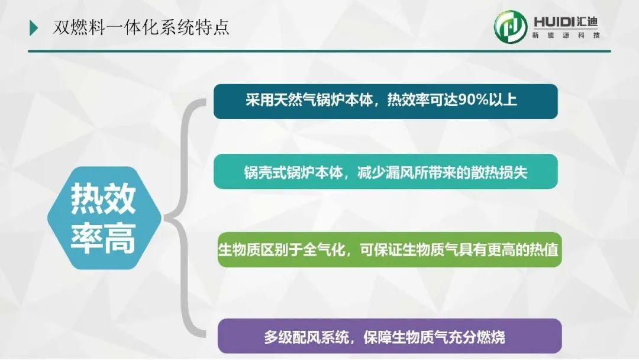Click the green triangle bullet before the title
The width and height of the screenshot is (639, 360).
pos(33,28)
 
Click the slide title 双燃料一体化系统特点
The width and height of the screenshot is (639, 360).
pos(141,28)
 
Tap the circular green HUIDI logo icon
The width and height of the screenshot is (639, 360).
pos(511,27)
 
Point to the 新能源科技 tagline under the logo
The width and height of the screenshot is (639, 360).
pos(566,36)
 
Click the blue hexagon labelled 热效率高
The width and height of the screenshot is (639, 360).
pos(104,218)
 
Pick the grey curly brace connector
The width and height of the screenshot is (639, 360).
pos(185,218)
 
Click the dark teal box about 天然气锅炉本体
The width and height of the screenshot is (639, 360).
pos(386,101)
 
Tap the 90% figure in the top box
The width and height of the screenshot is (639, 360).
pos(473,100)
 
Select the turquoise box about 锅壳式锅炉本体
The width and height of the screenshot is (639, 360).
pos(386,172)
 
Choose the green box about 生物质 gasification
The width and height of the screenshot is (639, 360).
pos(389,250)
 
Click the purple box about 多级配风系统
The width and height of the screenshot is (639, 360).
pos(389,336)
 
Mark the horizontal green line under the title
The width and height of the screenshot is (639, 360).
pos(319,52)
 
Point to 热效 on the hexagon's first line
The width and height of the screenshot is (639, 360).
pos(104,198)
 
